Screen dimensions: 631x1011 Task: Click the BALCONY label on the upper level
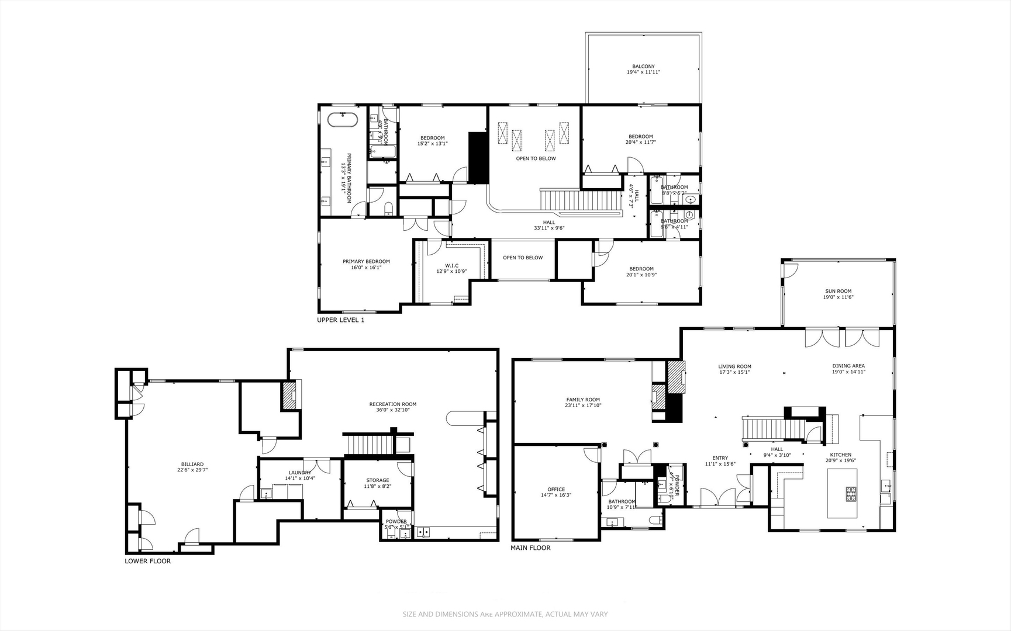coord(643,67)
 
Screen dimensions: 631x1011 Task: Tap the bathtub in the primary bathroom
coord(342,120)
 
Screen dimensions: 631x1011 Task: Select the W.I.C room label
coord(451,266)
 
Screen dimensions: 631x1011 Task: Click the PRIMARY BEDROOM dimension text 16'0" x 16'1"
coord(366,268)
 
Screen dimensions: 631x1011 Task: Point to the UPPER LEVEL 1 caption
coord(340,320)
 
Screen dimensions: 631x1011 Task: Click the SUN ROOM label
coord(838,291)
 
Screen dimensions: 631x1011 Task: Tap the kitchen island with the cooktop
coord(842,493)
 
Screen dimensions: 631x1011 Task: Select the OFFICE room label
coord(556,490)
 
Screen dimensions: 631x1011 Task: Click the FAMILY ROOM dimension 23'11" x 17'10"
coord(583,405)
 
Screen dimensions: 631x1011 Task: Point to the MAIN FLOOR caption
coord(530,548)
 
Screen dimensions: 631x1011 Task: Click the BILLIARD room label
coord(192,464)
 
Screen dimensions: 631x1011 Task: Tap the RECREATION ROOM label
coord(393,404)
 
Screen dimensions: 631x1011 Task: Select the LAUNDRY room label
coord(300,473)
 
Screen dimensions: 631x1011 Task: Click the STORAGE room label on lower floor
coord(378,480)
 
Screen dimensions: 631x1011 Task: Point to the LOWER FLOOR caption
coord(147,561)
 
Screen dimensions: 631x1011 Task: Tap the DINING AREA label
coord(848,366)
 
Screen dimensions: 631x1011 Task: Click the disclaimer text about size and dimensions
coord(505,614)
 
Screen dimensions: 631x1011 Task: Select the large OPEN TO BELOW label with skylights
coord(536,158)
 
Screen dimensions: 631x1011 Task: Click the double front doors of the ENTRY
coord(718,497)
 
